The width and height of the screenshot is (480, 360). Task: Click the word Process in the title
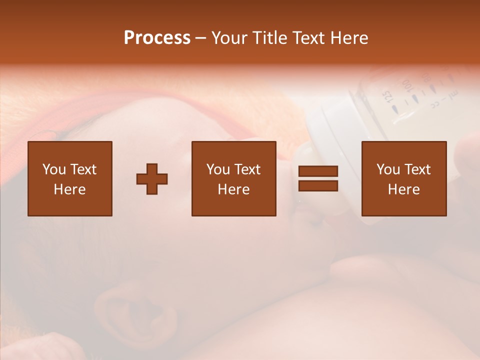[x=157, y=38]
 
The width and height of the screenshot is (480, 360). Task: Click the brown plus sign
[x=152, y=178]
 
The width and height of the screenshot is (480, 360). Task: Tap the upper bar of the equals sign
[x=318, y=171]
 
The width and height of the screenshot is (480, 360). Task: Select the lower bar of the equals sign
[x=318, y=185]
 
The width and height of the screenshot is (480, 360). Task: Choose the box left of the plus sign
[x=69, y=178]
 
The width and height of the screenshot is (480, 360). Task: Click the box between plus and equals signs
[x=233, y=178]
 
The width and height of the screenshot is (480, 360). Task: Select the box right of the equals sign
[x=403, y=178]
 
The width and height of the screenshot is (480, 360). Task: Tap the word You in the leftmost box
[x=53, y=169]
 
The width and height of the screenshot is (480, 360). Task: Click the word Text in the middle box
[x=247, y=169]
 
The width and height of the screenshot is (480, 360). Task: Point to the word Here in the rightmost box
[x=403, y=189]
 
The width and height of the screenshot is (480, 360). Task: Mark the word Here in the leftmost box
[x=69, y=189]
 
